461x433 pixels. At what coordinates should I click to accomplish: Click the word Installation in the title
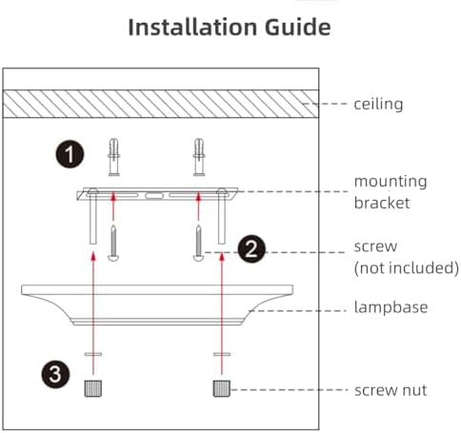pyautogui.click(x=192, y=27)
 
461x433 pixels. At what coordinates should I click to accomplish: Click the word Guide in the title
pyautogui.click(x=298, y=28)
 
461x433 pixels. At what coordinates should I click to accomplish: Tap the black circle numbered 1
pyautogui.click(x=70, y=154)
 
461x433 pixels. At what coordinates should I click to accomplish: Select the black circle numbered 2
pyautogui.click(x=251, y=249)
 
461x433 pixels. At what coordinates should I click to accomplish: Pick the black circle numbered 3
pyautogui.click(x=55, y=374)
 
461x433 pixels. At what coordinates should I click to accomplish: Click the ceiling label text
pyautogui.click(x=378, y=104)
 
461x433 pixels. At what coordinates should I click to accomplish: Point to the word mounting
pyautogui.click(x=391, y=182)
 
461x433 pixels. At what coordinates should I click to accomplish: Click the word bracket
pyautogui.click(x=382, y=203)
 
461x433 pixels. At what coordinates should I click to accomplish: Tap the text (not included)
pyautogui.click(x=407, y=267)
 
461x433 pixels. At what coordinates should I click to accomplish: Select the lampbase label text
pyautogui.click(x=391, y=307)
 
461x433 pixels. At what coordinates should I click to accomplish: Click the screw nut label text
pyautogui.click(x=391, y=390)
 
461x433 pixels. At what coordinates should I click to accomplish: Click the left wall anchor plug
pyautogui.click(x=113, y=157)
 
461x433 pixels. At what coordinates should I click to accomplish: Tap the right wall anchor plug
pyautogui.click(x=199, y=157)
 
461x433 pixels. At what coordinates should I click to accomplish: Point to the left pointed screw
pyautogui.click(x=113, y=243)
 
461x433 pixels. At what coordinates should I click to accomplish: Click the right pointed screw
pyautogui.click(x=198, y=243)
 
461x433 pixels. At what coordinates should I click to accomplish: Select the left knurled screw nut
pyautogui.click(x=93, y=388)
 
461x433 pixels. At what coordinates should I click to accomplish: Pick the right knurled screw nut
pyautogui.click(x=222, y=388)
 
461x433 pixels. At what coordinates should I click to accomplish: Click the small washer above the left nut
pyautogui.click(x=93, y=354)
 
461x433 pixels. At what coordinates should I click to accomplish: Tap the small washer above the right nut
pyautogui.click(x=222, y=354)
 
